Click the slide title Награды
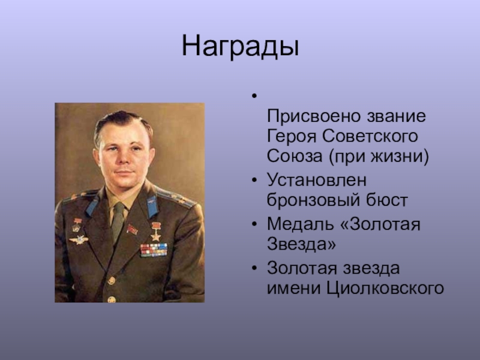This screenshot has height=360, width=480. pos(241,47)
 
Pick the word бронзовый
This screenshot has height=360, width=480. pos(313,200)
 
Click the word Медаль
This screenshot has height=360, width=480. pos(301,224)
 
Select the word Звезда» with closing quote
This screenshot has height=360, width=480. pos(301,244)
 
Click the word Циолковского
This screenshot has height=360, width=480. pos(385,289)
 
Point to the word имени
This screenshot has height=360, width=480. pos(294,289)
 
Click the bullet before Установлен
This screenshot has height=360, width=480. pos(254,180)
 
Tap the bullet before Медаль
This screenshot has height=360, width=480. pos(254,224)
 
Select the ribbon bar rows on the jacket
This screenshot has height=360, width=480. pos(154,250)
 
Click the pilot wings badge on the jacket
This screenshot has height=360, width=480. pos(79,239)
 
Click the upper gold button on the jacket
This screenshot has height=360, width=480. pos(111,280)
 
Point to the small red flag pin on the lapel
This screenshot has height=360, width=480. pos(132,229)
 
